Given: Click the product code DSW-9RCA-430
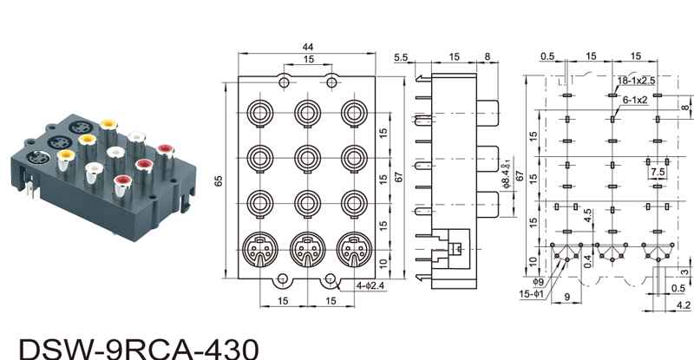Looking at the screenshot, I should [138, 347].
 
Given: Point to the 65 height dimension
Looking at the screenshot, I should [220, 180].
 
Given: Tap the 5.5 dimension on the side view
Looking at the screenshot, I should [401, 57].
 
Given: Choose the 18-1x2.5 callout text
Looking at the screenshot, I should [636, 80].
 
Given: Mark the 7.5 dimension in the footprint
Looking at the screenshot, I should [657, 172].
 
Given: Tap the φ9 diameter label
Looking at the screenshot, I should [537, 282].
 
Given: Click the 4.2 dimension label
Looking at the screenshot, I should [682, 304].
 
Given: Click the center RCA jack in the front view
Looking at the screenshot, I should [307, 158].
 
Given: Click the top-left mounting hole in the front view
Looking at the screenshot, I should [284, 82].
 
